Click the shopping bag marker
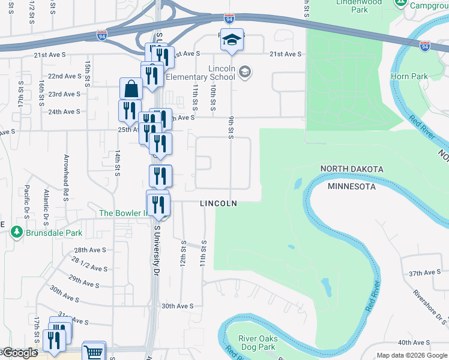click(x=131, y=90)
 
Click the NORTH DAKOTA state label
click(x=351, y=169)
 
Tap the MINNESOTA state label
click(x=352, y=187)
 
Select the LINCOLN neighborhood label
click(x=218, y=203)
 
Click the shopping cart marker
click(x=94, y=352)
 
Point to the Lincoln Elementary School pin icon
click(x=244, y=73)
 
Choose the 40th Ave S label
click(x=411, y=343)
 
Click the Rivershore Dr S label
click(x=430, y=307)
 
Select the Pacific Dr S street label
click(x=27, y=201)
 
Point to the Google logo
click(x=19, y=353)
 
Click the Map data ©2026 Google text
click(x=411, y=355)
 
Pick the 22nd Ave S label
click(x=64, y=76)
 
